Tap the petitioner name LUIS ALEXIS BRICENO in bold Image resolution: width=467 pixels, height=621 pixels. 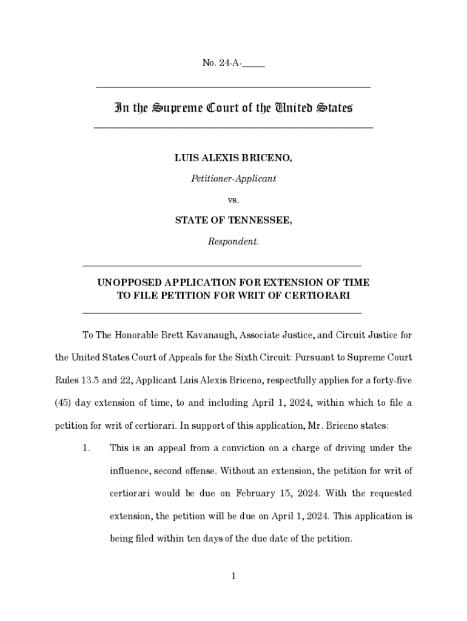(x=233, y=158)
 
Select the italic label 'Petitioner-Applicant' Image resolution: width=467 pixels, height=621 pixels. (x=233, y=178)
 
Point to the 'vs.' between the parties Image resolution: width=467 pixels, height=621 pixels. (x=233, y=199)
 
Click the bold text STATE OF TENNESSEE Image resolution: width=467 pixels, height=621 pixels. (x=233, y=221)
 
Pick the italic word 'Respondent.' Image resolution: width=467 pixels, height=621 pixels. (x=233, y=241)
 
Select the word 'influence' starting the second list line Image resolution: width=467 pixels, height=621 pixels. (x=130, y=471)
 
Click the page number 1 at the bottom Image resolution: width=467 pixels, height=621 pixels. (x=233, y=576)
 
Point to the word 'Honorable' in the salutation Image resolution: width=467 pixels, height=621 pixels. (x=131, y=335)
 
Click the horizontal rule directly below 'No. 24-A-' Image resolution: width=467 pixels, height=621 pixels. (x=233, y=88)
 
